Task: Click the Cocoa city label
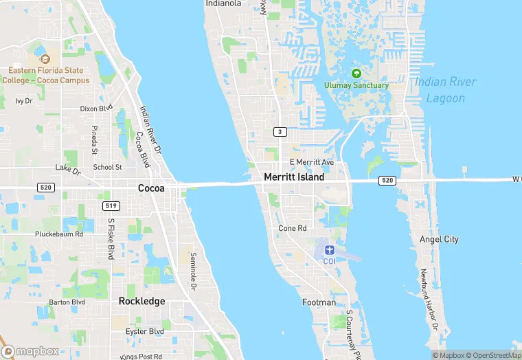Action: (x=151, y=188)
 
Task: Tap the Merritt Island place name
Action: (x=294, y=177)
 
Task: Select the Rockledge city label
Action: (x=141, y=301)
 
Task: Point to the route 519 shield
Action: (x=110, y=205)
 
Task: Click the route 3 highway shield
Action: (x=280, y=131)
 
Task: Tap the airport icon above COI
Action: (x=329, y=249)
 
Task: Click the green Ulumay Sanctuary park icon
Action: (x=356, y=74)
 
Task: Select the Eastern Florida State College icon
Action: (x=45, y=60)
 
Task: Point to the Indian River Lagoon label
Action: (x=445, y=90)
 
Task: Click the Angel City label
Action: (x=439, y=239)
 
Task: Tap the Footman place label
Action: (x=319, y=302)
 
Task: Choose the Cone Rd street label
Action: (x=293, y=228)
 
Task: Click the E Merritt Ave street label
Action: (x=311, y=162)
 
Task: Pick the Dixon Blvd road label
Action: (x=96, y=109)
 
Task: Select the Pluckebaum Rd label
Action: (x=59, y=234)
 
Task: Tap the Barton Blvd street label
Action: (x=67, y=302)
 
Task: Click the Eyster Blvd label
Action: (x=145, y=331)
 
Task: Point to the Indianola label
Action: (x=223, y=3)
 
